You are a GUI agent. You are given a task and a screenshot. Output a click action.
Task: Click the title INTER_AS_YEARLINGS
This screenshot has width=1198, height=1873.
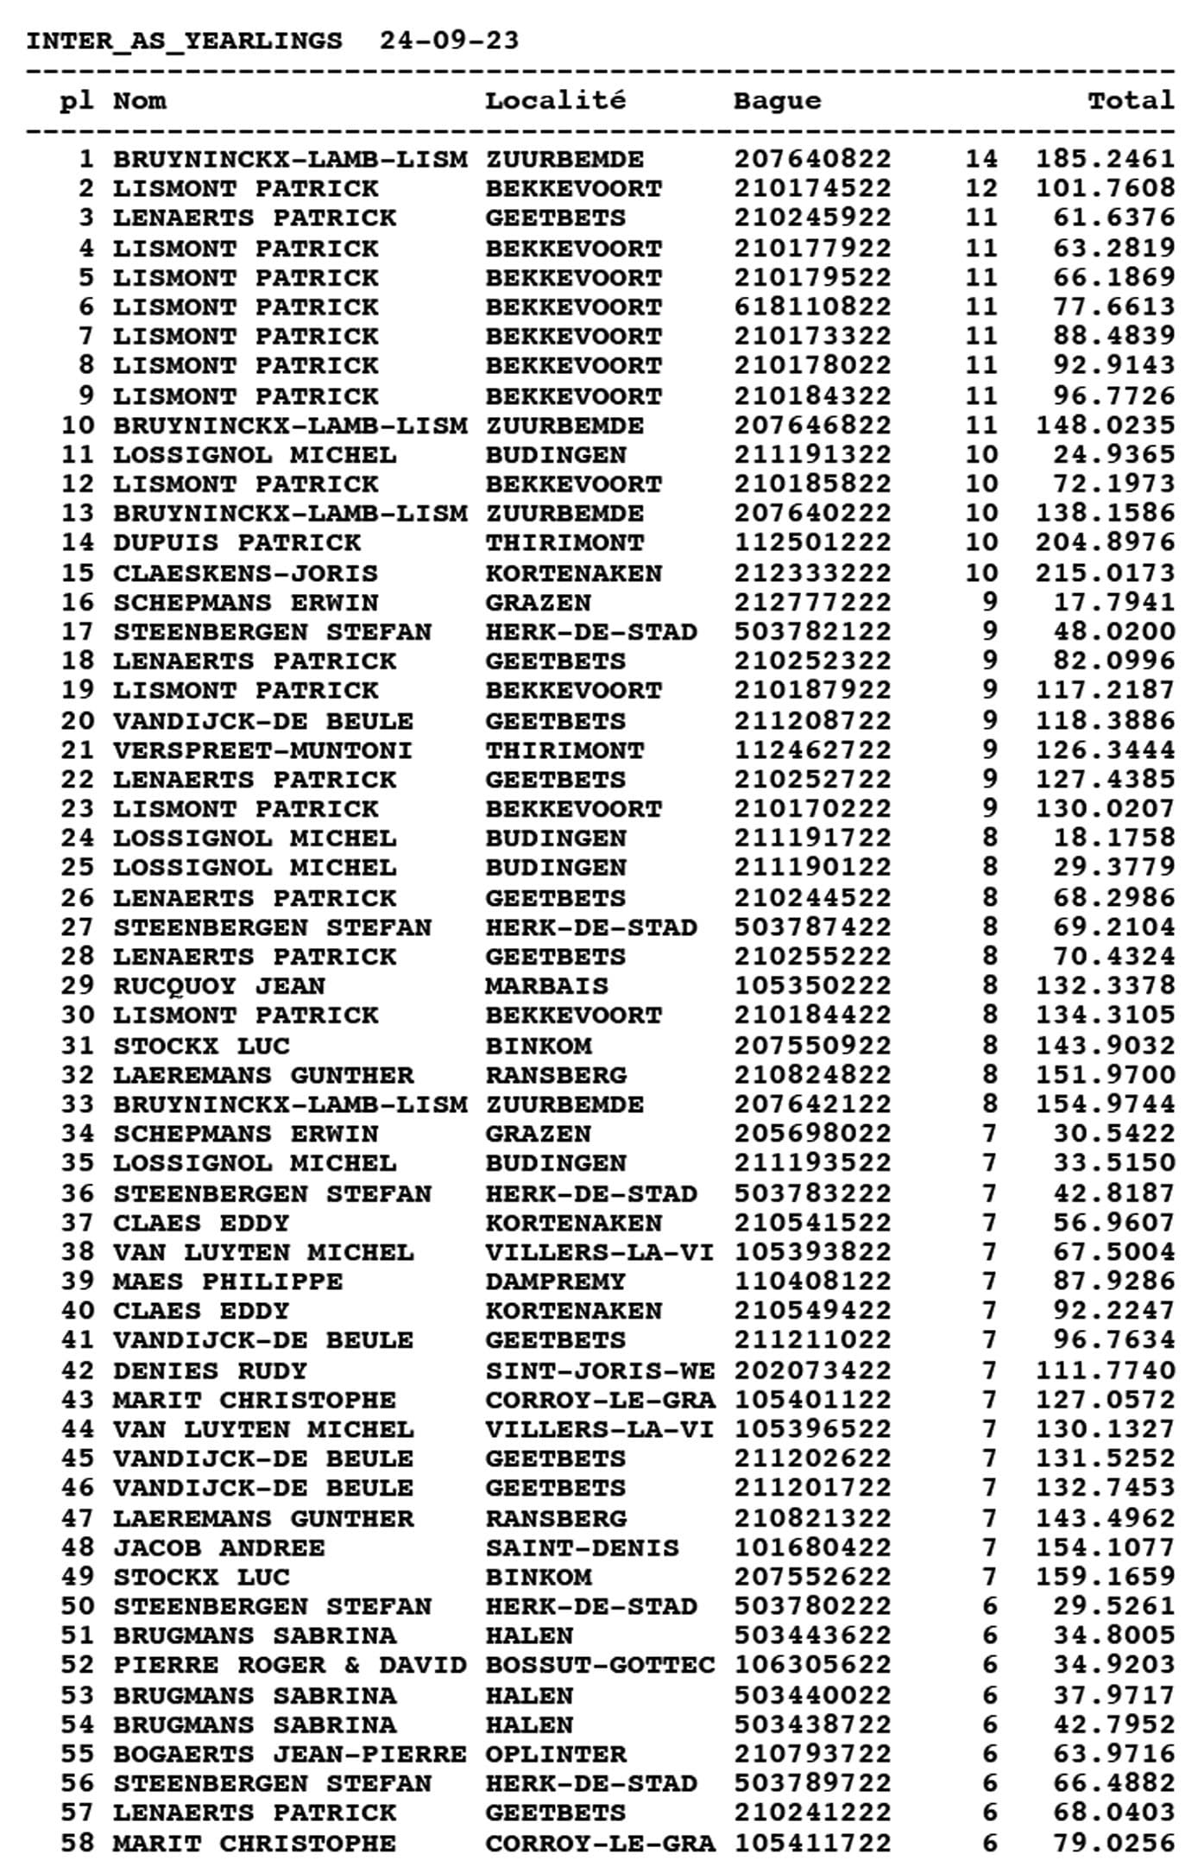184,41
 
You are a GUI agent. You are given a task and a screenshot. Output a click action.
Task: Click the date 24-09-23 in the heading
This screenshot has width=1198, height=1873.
449,41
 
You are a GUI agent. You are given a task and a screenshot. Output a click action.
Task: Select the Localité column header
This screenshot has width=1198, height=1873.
555,101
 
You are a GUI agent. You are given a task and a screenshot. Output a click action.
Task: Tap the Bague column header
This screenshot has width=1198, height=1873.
777,101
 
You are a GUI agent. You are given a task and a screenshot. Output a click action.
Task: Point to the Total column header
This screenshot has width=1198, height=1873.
1131,101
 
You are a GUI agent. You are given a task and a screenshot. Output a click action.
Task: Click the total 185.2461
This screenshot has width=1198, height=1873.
1105,159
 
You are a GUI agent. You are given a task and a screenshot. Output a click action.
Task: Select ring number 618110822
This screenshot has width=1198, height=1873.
812,307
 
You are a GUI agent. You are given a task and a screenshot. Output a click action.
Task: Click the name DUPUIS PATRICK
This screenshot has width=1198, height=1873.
237,543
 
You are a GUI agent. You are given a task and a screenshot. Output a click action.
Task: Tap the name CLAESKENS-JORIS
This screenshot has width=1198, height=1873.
246,573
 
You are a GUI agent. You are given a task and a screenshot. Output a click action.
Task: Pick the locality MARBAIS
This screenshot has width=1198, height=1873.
546,986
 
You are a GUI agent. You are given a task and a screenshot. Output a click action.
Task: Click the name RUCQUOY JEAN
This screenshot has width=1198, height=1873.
219,986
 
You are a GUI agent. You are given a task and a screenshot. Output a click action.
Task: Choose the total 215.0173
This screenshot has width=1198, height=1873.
1105,573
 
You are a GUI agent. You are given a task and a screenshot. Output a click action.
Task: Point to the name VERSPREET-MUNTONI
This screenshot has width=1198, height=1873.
263,750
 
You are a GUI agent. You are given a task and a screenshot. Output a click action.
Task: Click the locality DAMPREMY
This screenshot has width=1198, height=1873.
555,1281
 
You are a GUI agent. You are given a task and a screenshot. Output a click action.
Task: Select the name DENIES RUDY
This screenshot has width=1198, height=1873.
211,1370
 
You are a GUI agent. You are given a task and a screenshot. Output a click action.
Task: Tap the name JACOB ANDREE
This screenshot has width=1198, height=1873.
219,1547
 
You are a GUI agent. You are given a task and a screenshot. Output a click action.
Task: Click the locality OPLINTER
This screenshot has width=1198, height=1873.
555,1754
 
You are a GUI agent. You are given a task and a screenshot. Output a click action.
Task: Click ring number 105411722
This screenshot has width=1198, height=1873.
812,1843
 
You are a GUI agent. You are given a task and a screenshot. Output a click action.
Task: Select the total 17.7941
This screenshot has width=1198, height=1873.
1113,603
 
